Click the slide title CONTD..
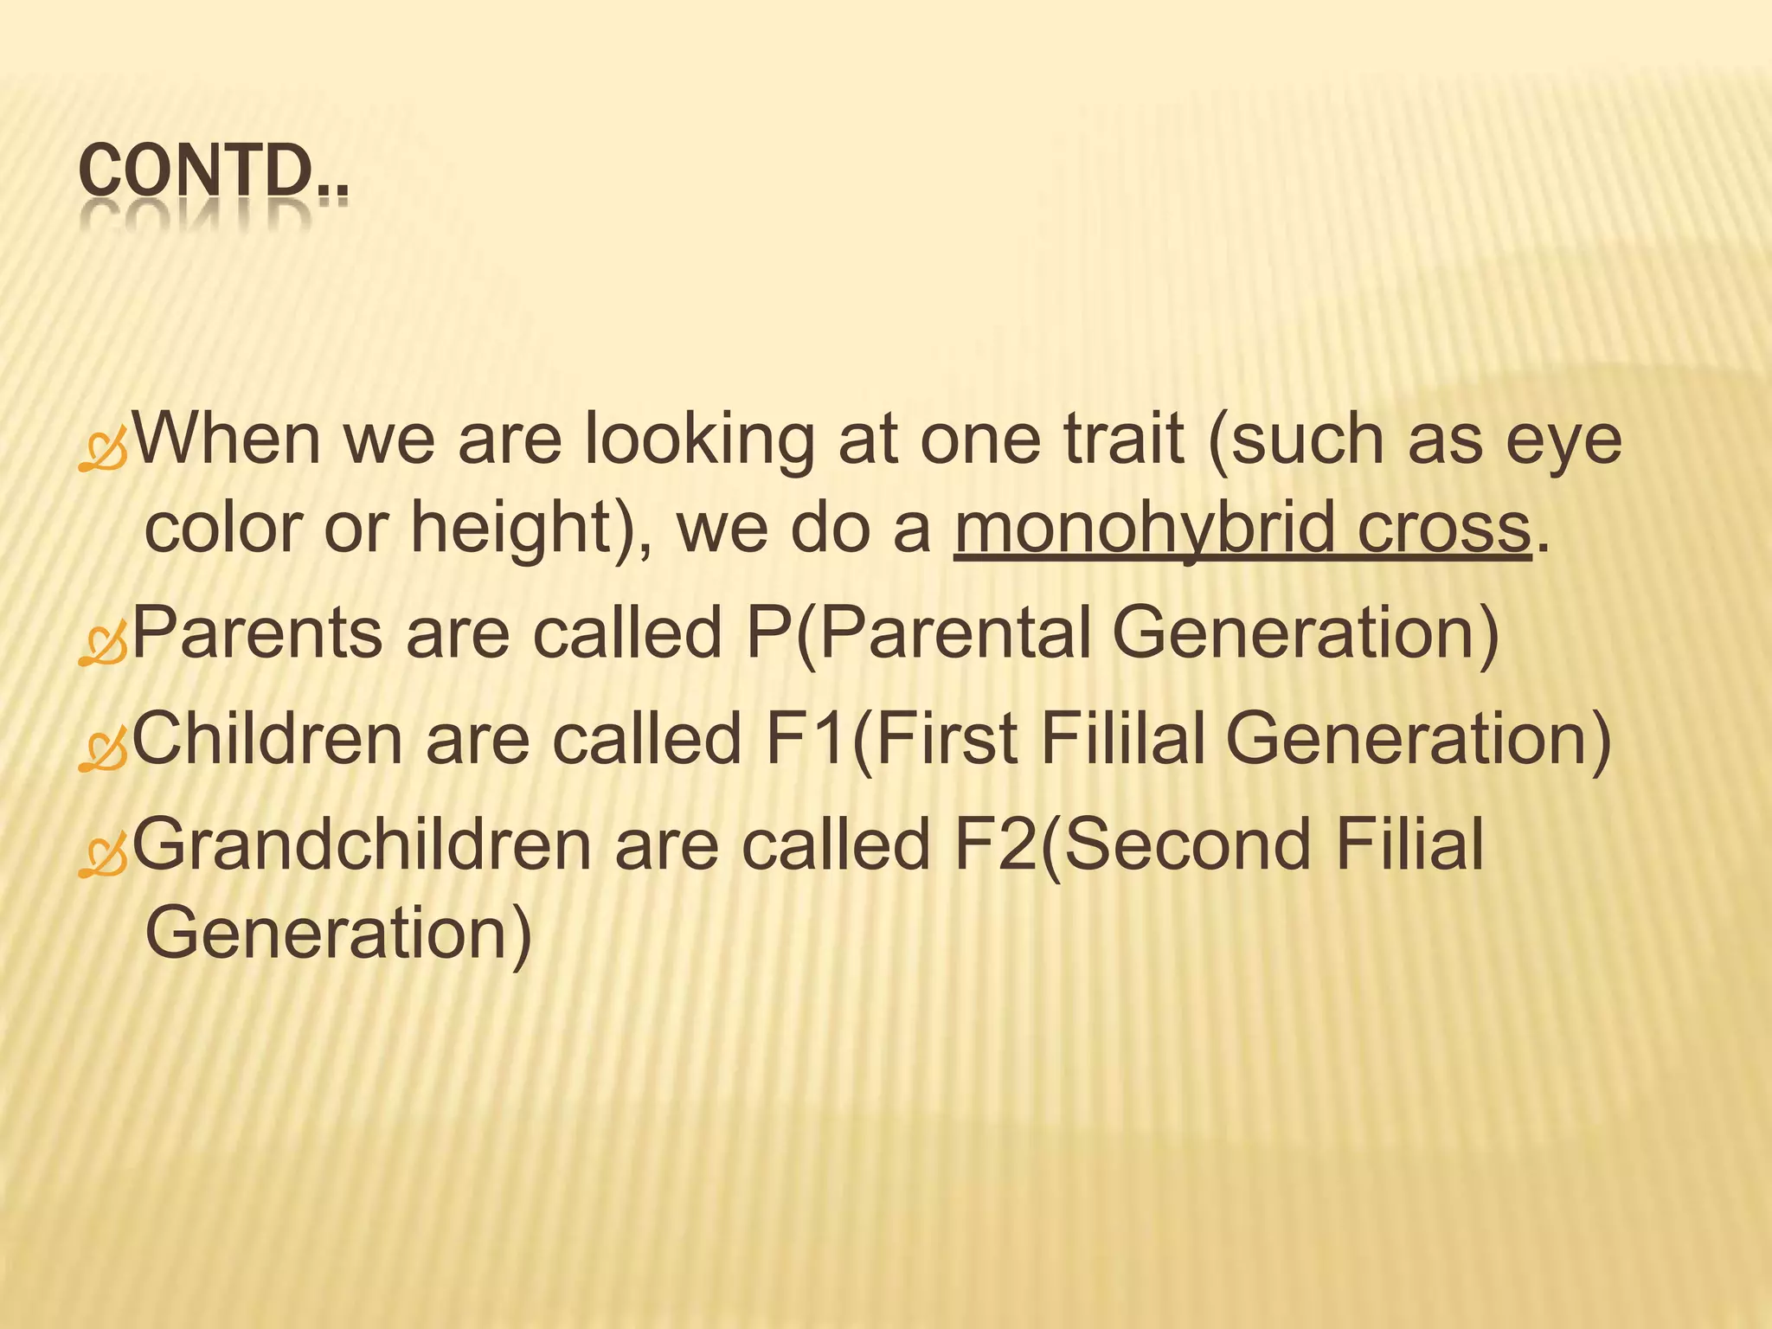coord(212,173)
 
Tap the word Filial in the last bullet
coord(1409,844)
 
